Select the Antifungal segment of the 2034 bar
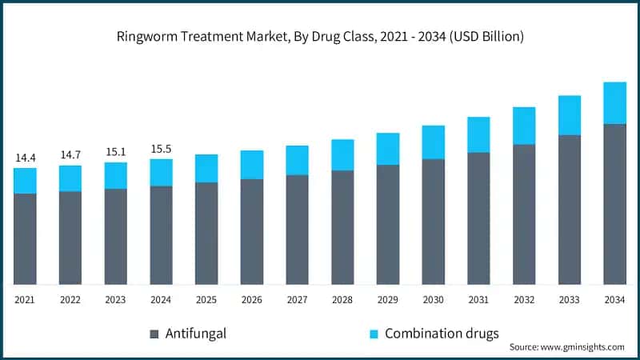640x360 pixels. click(614, 204)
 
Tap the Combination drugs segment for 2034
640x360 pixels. click(614, 103)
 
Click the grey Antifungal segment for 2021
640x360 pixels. click(25, 238)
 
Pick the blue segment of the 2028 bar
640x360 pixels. click(342, 155)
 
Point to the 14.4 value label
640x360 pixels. click(25, 158)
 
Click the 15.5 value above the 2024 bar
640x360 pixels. click(161, 149)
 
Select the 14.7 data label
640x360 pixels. click(70, 154)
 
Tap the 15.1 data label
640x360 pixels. click(115, 152)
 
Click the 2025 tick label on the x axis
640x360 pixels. click(206, 299)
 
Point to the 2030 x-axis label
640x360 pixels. click(433, 299)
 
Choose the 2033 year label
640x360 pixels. click(569, 299)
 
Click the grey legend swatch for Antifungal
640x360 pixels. click(154, 334)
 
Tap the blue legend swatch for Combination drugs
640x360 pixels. click(374, 334)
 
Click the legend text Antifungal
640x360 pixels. click(196, 333)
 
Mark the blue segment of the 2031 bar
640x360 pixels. click(478, 134)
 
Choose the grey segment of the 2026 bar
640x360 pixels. click(252, 231)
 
